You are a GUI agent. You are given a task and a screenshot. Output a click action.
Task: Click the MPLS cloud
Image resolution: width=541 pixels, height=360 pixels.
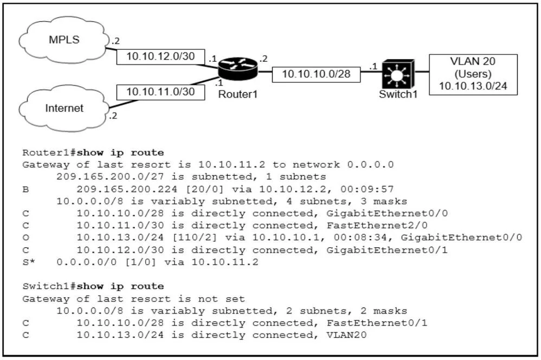[64, 41]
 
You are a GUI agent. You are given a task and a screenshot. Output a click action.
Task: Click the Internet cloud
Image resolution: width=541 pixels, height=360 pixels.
[64, 108]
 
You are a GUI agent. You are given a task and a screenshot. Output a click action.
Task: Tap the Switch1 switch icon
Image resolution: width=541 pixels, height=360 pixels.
[398, 74]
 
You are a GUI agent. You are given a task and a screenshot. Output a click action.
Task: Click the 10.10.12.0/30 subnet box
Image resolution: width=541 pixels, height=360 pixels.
[160, 56]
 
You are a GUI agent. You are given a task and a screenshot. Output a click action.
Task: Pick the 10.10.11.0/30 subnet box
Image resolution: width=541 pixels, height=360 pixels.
[160, 92]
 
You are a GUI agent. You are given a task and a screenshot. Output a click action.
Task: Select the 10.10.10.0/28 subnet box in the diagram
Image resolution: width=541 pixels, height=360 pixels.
[316, 74]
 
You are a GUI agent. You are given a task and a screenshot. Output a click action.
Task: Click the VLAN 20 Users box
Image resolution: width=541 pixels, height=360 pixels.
[473, 74]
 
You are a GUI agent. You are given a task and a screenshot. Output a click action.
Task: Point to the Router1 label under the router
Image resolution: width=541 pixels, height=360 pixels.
[238, 94]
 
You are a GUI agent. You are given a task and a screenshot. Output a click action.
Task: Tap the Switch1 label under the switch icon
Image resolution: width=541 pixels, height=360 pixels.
[398, 94]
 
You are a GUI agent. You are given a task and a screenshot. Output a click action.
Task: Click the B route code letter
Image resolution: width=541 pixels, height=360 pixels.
[25, 189]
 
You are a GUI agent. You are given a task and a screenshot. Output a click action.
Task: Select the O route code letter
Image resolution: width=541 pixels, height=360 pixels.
[25, 237]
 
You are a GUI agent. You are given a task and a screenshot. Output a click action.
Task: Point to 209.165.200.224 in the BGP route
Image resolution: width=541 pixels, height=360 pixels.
[127, 189]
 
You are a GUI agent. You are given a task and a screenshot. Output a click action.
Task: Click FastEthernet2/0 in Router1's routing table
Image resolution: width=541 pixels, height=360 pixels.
[377, 226]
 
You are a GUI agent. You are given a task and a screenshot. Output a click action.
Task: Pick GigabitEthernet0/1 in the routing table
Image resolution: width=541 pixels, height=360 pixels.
[387, 250]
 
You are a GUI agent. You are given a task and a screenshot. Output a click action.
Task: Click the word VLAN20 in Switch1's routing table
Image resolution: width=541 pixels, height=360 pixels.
[346, 335]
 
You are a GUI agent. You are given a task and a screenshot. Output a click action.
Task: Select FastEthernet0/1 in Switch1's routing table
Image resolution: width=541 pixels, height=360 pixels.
[377, 323]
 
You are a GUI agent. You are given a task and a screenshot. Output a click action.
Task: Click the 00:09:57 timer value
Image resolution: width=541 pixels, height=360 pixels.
[367, 189]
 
